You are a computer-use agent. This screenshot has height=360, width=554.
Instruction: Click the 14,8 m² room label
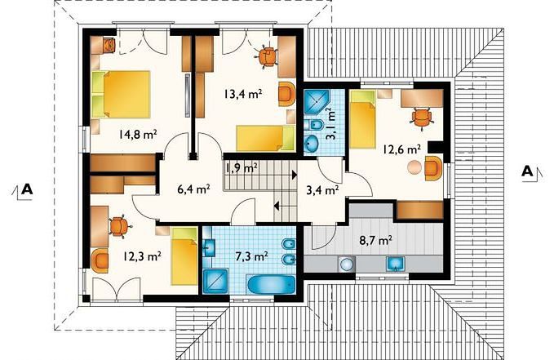click(x=138, y=135)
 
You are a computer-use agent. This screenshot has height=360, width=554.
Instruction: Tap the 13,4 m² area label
click(x=242, y=94)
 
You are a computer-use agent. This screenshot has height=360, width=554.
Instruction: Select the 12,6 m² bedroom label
click(x=401, y=149)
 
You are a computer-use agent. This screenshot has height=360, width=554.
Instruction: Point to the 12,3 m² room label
click(x=143, y=256)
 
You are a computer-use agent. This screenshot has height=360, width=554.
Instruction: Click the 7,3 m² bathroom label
click(x=251, y=256)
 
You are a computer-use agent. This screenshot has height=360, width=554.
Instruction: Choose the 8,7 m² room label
click(x=375, y=241)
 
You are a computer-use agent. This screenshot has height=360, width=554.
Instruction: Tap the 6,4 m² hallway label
click(x=193, y=189)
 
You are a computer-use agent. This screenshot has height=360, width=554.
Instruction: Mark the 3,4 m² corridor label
click(x=322, y=190)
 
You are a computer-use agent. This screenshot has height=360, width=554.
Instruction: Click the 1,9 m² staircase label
click(x=241, y=168)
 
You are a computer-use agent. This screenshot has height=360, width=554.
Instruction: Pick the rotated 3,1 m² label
click(x=330, y=124)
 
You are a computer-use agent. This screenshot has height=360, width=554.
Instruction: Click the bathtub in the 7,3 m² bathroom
click(x=272, y=284)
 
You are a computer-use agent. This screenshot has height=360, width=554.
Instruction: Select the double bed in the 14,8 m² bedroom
click(x=122, y=94)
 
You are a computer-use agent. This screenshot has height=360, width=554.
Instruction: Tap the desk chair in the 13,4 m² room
click(x=267, y=57)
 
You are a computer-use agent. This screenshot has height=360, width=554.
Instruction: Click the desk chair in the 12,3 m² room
click(x=120, y=226)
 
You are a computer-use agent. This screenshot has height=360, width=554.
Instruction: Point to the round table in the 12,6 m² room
click(x=414, y=167)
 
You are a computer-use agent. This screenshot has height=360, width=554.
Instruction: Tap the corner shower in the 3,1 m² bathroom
click(x=317, y=102)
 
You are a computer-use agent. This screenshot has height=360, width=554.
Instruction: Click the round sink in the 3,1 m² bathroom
click(x=312, y=143)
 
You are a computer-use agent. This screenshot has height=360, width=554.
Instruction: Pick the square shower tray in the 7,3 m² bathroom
click(x=215, y=281)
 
